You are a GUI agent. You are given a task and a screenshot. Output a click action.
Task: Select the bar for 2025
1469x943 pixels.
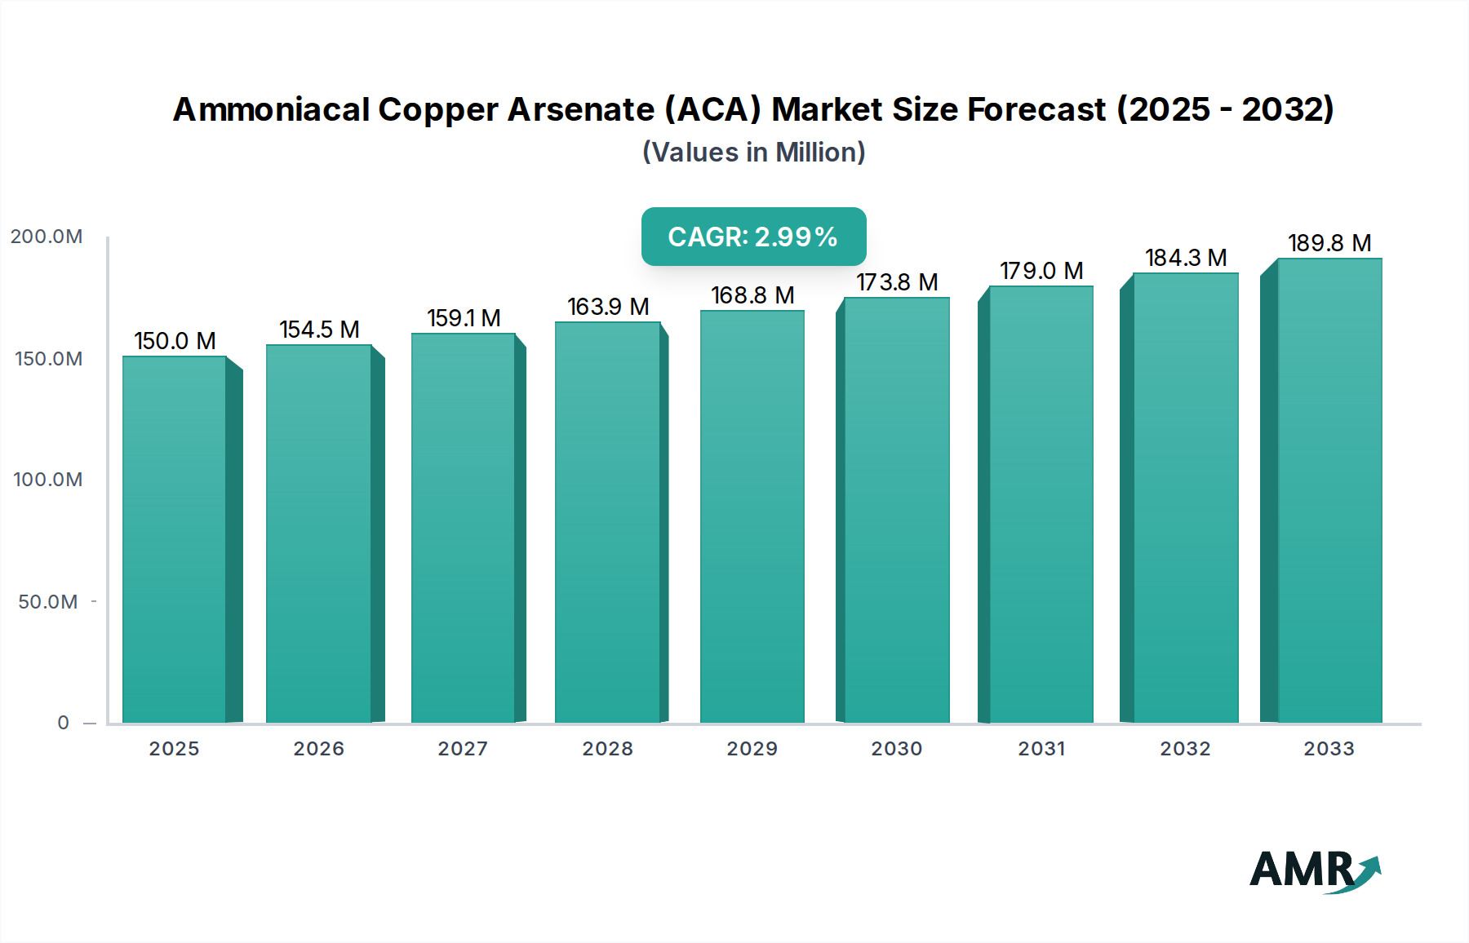175,538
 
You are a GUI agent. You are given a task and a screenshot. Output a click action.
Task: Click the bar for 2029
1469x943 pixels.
752,516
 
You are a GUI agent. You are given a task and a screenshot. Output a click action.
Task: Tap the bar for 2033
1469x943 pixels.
1329,489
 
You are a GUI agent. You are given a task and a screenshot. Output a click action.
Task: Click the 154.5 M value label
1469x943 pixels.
319,330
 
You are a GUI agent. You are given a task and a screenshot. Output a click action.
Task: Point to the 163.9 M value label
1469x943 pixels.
608,307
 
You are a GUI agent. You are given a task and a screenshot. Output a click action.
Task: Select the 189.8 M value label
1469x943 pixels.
1329,243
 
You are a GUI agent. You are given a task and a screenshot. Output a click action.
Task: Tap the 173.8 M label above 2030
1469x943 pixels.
896,282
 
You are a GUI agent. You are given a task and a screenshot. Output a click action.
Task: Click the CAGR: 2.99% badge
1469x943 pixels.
753,237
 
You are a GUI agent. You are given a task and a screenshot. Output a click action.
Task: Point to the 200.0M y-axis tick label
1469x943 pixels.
47,237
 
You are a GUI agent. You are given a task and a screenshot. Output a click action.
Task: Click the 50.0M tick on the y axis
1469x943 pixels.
48,602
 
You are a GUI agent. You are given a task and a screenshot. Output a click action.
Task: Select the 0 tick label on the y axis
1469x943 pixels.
63,723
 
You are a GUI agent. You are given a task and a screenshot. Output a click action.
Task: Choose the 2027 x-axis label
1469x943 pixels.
463,749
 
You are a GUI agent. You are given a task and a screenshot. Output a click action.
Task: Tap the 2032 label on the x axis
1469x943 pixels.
1185,749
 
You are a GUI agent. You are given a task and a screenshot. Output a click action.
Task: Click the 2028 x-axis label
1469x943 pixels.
607,749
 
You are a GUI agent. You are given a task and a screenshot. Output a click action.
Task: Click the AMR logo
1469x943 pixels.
1313,870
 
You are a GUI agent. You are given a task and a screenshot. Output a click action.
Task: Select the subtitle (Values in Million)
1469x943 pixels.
753,153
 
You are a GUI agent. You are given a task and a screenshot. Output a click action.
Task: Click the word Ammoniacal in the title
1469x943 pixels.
270,109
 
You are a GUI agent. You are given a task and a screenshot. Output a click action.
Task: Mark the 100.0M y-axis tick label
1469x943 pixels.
48,480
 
